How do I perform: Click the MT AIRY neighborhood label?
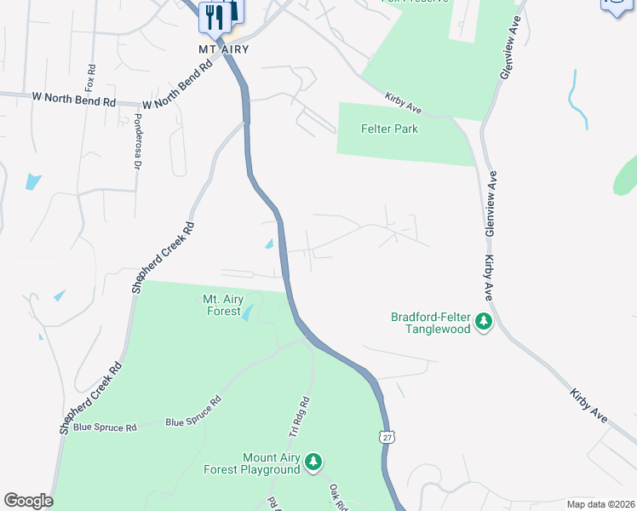[224, 49]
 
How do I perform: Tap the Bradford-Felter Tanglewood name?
[431, 323]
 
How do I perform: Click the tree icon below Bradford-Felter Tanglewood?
[484, 322]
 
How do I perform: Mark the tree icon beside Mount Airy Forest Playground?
[314, 462]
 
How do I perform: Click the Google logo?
[28, 501]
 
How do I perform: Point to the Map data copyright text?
[600, 504]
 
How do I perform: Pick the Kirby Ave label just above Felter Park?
[404, 103]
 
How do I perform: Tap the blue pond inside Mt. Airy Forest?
[246, 313]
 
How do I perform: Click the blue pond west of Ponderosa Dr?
[33, 181]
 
